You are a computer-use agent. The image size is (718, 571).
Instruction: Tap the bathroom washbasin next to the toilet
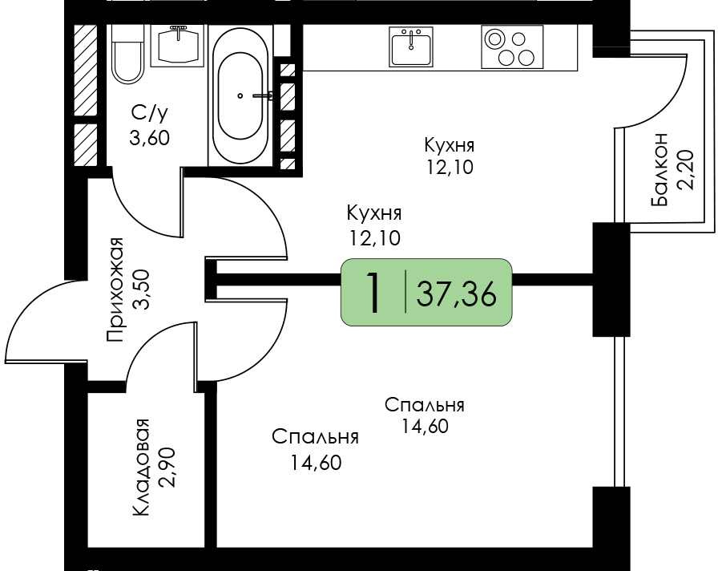[178, 45]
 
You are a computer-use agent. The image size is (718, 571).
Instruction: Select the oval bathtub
[240, 95]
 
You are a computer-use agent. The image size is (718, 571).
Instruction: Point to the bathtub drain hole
[240, 95]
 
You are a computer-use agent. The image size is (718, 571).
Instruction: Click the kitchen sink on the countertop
[411, 47]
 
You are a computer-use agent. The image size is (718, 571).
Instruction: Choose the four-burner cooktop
[512, 47]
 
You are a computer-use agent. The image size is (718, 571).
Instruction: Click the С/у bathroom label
[149, 113]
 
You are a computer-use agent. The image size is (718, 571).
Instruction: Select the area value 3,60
[150, 137]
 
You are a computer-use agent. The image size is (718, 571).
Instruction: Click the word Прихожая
[115, 290]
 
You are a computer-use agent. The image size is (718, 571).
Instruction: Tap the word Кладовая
[142, 468]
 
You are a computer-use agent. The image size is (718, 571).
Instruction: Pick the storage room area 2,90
[166, 468]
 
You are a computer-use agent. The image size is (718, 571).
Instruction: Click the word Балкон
[660, 169]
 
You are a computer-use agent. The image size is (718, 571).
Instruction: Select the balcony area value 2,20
[686, 169]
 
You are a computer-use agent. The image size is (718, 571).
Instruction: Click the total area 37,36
[456, 294]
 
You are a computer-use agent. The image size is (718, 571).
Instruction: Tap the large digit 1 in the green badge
[373, 292]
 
